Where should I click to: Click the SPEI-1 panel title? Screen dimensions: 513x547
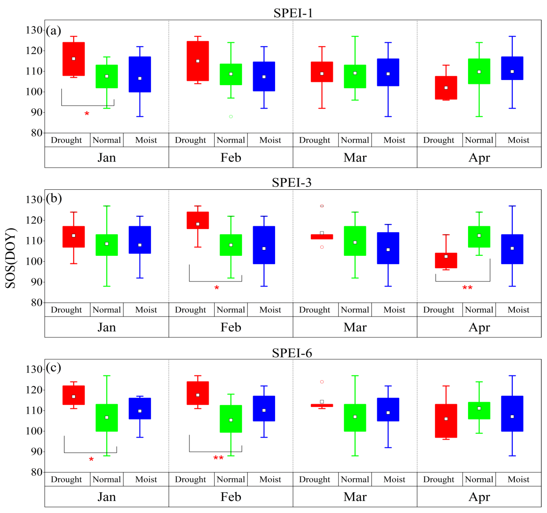coord(293,13)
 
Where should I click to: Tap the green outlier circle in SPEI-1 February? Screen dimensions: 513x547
coord(231,117)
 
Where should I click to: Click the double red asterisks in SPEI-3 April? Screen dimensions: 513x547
coord(467,288)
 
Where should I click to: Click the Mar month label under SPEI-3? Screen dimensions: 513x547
coord(355,327)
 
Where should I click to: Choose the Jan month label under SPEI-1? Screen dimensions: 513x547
coord(107,158)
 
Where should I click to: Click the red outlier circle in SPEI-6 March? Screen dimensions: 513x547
coord(322,382)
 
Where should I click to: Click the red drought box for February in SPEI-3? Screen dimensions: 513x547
coord(198,220)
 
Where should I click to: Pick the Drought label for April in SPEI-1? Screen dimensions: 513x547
coord(439,140)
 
